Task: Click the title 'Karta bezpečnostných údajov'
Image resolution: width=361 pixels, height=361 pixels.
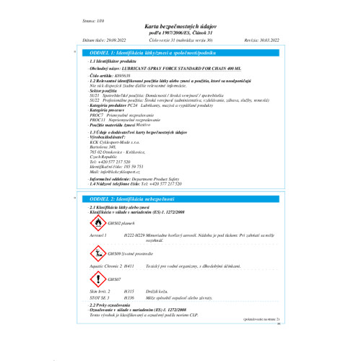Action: [180, 24]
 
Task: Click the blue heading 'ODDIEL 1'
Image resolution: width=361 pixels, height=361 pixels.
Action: [126, 53]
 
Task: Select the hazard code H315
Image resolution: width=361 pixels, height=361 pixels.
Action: [129, 290]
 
